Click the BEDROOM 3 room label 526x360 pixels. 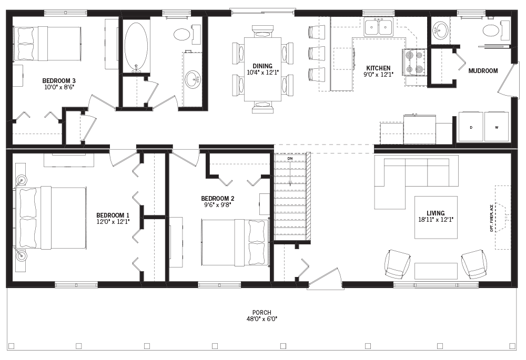point(59,80)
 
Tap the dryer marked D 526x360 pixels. point(470,127)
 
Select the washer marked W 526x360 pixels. point(496,127)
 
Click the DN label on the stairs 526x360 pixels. point(289,158)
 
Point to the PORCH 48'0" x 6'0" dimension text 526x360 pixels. point(261,318)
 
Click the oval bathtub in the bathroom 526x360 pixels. point(137,46)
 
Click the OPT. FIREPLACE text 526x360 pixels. point(492,218)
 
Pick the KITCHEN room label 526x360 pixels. point(378,68)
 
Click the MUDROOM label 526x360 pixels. point(482,70)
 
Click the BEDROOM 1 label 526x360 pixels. point(113,215)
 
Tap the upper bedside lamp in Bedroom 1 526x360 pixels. point(22,180)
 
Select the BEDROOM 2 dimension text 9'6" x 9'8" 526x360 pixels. point(217,205)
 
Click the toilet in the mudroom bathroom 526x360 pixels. point(490,30)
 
